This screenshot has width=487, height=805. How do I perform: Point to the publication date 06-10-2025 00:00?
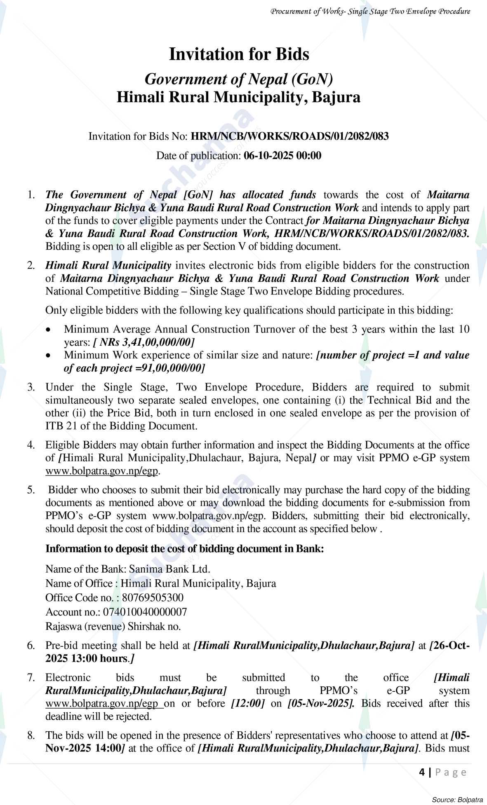click(x=282, y=156)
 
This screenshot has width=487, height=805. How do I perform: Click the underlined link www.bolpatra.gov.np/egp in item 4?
click(x=101, y=471)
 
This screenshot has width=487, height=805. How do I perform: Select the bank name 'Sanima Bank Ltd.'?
click(x=169, y=569)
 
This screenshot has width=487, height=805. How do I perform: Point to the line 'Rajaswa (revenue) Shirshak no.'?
click(x=113, y=627)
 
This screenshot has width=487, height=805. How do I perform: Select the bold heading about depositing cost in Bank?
click(x=184, y=549)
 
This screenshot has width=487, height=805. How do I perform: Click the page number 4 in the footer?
click(x=422, y=772)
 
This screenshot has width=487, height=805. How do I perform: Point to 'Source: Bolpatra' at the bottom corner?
click(x=457, y=800)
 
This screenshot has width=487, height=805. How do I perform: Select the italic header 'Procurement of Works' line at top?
click(x=370, y=12)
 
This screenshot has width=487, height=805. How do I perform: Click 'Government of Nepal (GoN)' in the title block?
click(x=239, y=79)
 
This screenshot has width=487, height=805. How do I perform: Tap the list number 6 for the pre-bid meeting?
click(x=31, y=646)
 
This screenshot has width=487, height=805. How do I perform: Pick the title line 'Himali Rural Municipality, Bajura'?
click(x=238, y=97)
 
